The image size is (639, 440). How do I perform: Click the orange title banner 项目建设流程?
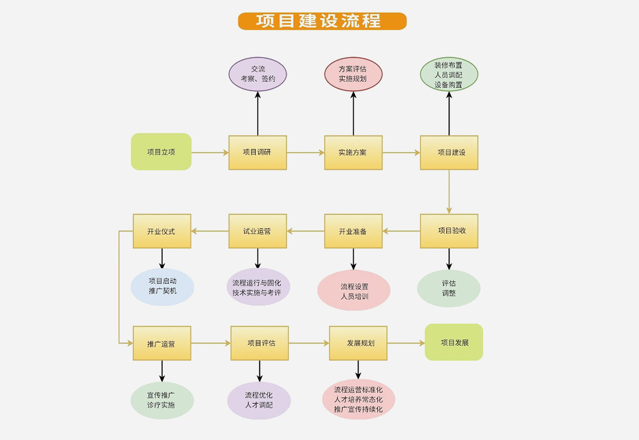point(322,21)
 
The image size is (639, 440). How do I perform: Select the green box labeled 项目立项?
point(161,152)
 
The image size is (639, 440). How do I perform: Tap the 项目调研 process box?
point(257,153)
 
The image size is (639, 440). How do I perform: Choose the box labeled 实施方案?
point(353,153)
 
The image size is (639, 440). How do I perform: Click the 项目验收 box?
point(449,231)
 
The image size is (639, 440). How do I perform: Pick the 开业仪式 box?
point(162,231)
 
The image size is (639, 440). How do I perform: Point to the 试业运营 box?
point(257,231)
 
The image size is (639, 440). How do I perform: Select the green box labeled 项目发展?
point(454,342)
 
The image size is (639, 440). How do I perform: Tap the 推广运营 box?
point(162,343)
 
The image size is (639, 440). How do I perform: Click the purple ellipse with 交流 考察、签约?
point(257,74)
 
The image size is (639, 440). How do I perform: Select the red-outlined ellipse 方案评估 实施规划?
point(353,74)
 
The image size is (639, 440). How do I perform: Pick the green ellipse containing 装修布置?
point(449,74)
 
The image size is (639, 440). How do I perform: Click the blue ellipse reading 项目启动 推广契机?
point(162,287)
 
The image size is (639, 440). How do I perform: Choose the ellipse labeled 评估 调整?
point(448,288)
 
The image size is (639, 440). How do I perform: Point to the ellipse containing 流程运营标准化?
point(359,399)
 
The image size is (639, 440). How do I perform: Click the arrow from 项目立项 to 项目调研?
point(210,153)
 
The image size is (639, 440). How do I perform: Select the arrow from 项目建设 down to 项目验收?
point(449,192)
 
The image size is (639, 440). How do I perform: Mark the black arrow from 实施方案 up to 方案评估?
point(353,113)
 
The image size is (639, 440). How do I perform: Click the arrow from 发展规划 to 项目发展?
point(406,343)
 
